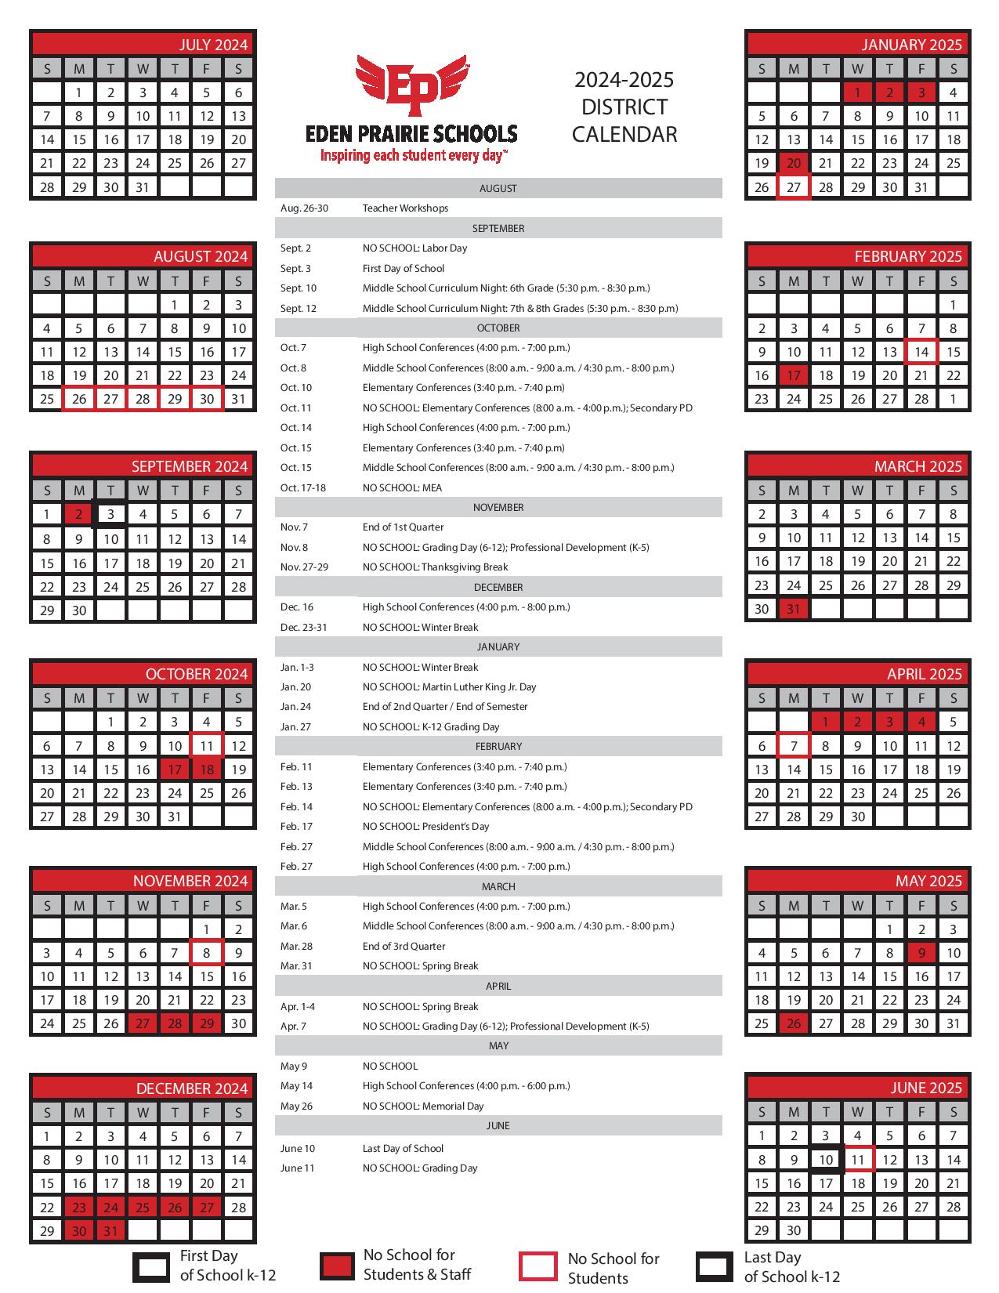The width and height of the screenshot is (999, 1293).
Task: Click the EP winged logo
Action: coord(411,87)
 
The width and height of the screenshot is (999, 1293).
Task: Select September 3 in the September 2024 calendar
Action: coord(111,514)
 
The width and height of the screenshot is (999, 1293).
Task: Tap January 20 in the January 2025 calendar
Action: coord(794,163)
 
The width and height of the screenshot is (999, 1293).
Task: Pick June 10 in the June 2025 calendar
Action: coord(826,1160)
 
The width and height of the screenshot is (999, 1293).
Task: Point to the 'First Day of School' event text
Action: coord(403,268)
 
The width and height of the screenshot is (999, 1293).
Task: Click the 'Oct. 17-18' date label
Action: coord(302,487)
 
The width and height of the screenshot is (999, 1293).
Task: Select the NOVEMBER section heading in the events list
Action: coord(498,507)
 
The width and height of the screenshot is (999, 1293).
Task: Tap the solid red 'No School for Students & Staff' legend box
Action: coord(337,1266)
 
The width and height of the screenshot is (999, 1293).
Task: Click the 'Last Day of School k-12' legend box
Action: coord(714,1266)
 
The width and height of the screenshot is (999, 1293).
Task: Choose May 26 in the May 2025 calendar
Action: coord(794,1023)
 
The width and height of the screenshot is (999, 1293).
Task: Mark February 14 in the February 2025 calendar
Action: coord(921,352)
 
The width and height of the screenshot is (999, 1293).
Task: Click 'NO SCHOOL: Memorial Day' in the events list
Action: coord(423,1106)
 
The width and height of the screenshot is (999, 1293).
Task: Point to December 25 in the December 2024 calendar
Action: coord(143,1208)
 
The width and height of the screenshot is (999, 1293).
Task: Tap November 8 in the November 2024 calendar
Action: coord(206,953)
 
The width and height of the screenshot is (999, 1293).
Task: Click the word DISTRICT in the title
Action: coord(624,107)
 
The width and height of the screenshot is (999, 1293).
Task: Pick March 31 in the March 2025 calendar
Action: coord(794,609)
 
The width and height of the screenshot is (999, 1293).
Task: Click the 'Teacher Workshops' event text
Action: coord(405,208)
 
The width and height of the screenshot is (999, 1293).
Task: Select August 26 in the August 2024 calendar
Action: coord(79,399)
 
